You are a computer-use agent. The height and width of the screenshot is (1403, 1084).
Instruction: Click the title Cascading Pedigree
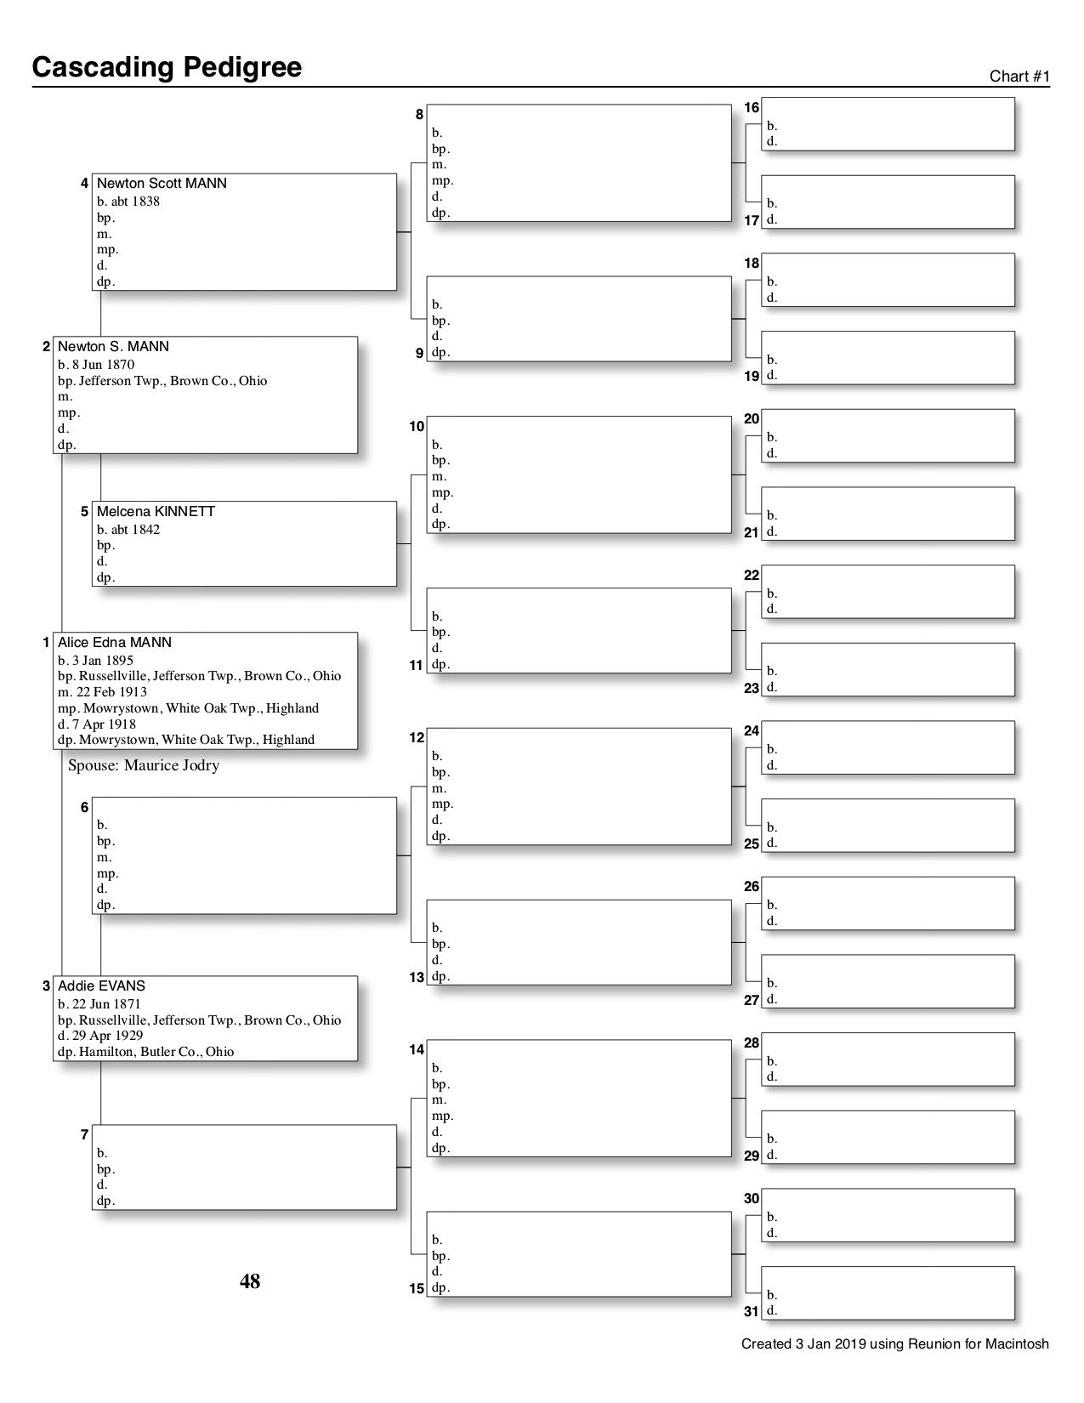tap(167, 67)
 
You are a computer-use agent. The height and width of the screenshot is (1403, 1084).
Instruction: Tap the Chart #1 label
tap(1019, 77)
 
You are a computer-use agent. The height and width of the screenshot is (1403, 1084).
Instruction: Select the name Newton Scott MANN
tap(162, 184)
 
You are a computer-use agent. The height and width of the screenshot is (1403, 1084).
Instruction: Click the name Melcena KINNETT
tap(156, 512)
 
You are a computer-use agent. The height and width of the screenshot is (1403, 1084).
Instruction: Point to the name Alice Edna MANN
tap(114, 643)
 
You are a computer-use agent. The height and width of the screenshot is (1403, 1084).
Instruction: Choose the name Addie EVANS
tap(101, 986)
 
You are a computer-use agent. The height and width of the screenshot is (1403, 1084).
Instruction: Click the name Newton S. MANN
tap(113, 347)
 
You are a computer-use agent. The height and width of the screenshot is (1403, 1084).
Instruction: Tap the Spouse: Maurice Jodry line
tap(144, 765)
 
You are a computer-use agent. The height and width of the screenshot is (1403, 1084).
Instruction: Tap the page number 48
tap(250, 1281)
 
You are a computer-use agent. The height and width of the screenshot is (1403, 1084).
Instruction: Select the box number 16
tap(752, 108)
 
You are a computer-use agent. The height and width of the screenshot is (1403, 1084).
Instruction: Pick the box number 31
tap(752, 1311)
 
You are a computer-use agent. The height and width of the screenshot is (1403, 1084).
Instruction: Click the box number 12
tap(417, 738)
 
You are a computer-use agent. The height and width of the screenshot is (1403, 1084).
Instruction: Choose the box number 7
tap(84, 1135)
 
